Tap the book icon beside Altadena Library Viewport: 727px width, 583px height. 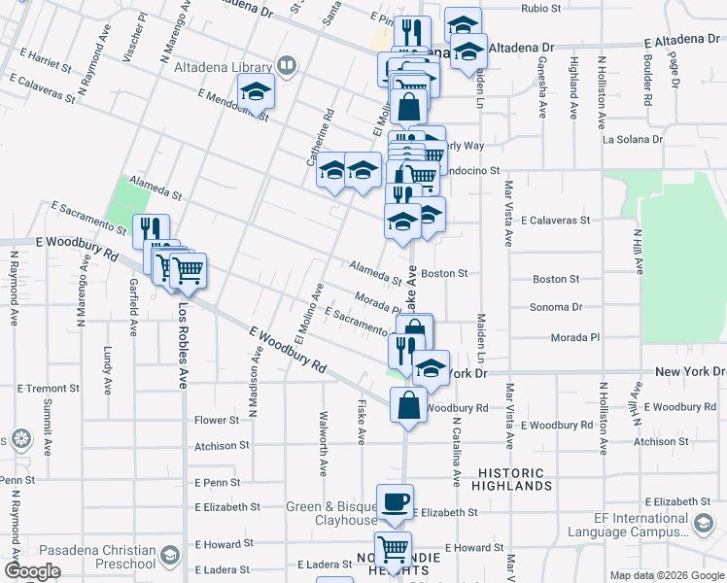[x=287, y=66]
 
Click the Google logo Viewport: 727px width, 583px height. [x=32, y=571]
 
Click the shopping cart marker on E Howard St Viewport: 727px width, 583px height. [x=393, y=550]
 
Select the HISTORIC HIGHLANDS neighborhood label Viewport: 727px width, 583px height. [x=512, y=479]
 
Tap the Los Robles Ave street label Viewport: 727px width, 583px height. [x=182, y=345]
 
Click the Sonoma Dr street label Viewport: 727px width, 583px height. [x=557, y=307]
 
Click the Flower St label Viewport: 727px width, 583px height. [x=216, y=421]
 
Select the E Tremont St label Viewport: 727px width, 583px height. [x=42, y=389]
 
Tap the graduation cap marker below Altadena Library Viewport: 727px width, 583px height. [x=257, y=93]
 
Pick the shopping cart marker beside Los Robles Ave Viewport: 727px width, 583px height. [x=188, y=270]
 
